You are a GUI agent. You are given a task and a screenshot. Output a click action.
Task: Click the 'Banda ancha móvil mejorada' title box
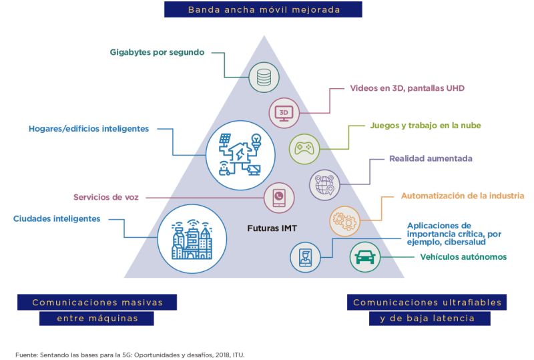(264, 9)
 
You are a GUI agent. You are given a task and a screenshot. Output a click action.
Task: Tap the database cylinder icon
(264, 78)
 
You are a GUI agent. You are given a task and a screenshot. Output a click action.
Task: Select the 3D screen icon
(283, 113)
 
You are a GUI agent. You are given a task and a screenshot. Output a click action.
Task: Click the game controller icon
(304, 148)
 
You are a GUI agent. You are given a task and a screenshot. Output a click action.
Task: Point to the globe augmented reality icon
(325, 183)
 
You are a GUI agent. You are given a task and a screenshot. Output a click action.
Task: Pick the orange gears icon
(345, 218)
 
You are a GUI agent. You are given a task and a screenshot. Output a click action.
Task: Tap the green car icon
(365, 256)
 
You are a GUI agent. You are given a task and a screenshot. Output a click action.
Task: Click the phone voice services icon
(279, 198)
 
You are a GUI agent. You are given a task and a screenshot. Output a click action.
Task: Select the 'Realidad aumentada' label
(431, 159)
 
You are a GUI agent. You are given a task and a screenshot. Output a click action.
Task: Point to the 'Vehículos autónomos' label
(463, 257)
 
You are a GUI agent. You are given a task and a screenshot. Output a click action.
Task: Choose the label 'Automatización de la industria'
(462, 196)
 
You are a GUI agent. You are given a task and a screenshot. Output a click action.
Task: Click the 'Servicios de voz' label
(107, 197)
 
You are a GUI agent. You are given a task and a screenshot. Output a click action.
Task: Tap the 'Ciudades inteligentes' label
(57, 218)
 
